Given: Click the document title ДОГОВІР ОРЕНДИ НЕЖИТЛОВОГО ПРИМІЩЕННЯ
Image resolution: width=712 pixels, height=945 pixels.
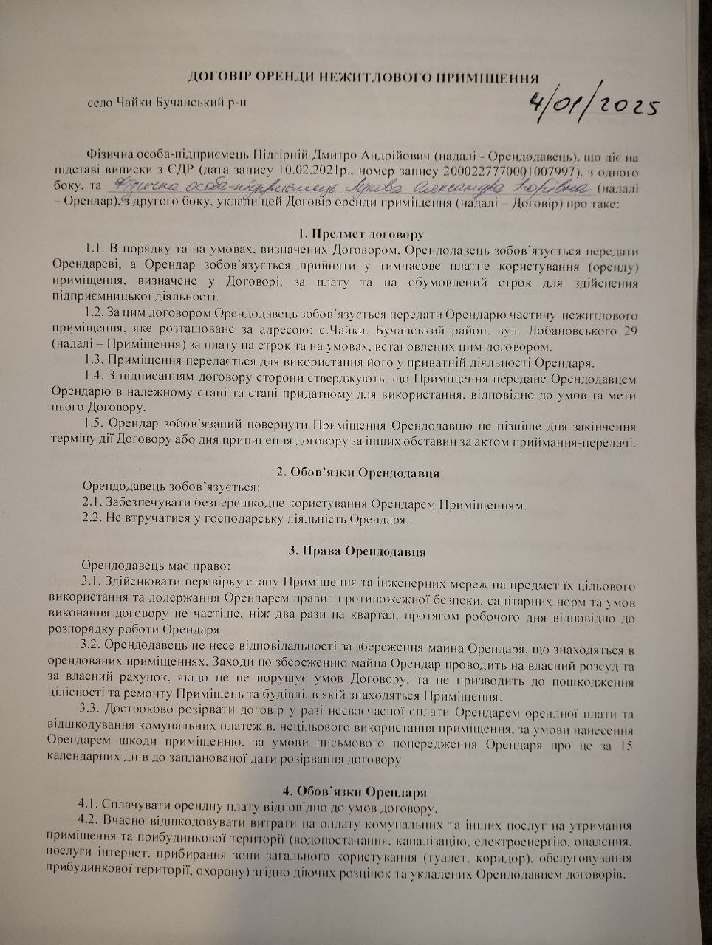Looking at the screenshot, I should pos(363,78).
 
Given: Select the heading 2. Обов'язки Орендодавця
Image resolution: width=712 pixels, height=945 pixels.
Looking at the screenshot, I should pos(359,472).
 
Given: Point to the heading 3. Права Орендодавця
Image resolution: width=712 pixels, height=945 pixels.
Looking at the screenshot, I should pos(357,551).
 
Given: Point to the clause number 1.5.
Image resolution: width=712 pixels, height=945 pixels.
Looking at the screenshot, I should pos(96,426).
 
